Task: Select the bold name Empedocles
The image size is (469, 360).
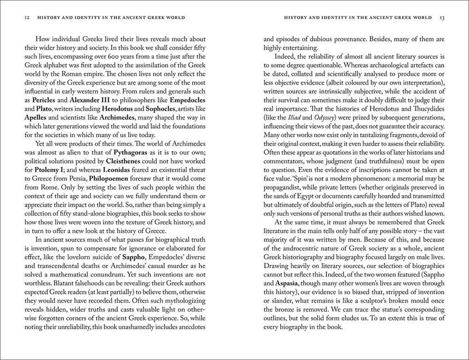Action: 187,100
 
